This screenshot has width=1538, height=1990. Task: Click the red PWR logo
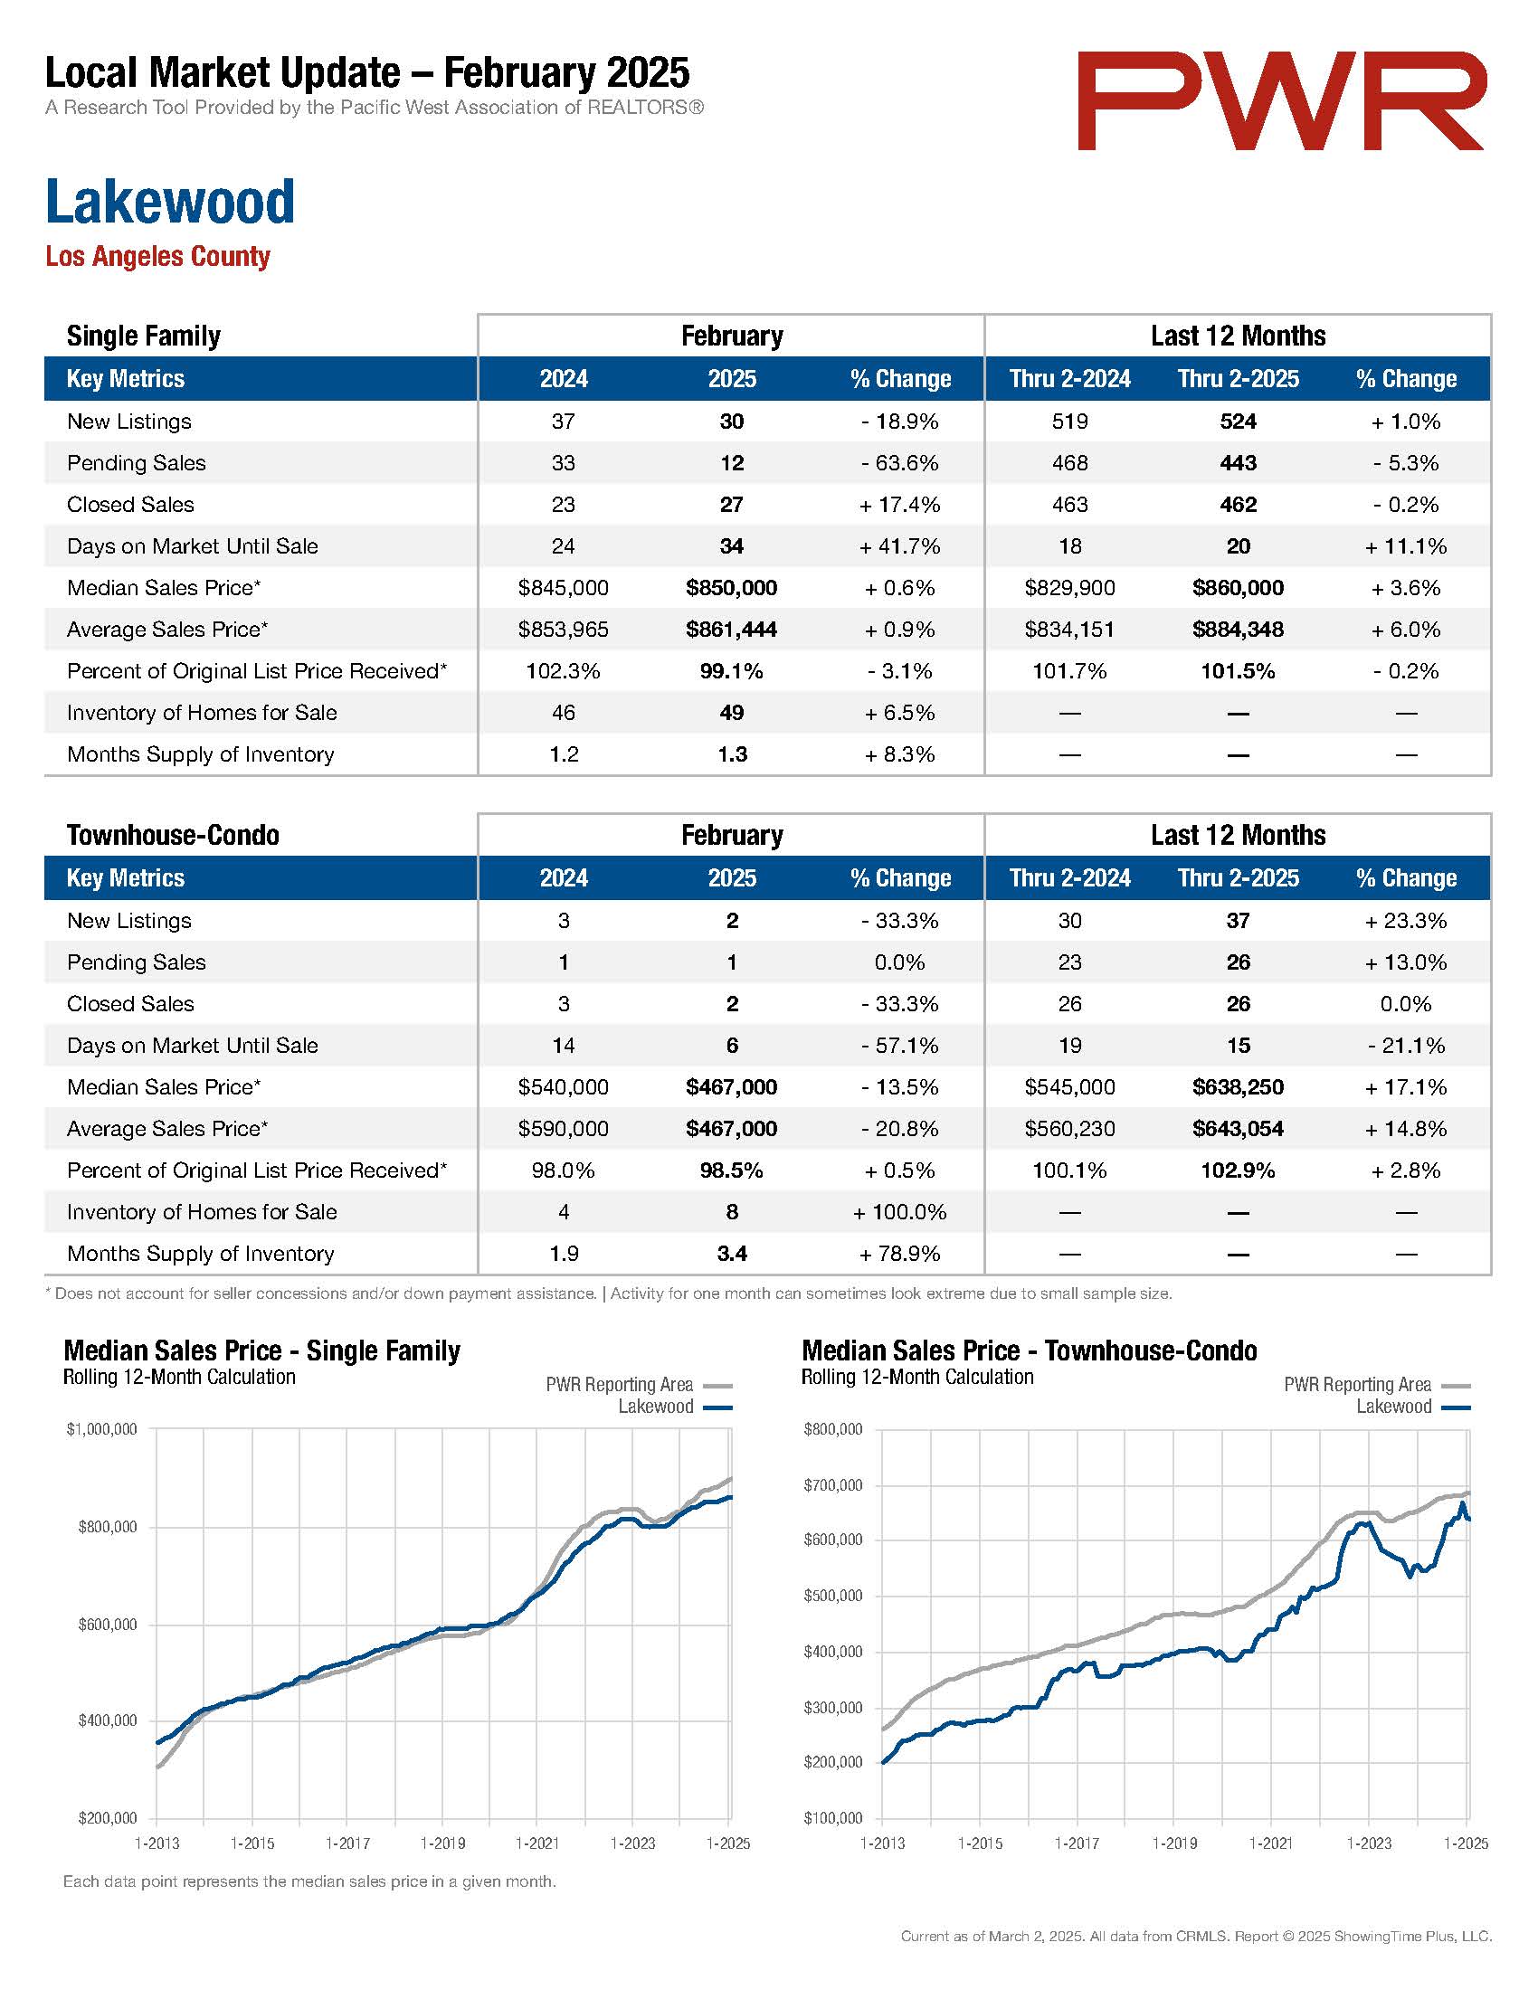1282,100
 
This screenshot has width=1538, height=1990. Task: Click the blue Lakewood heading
170,202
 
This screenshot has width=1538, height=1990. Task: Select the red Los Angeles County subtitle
157,257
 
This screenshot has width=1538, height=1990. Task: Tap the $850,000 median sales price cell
732,588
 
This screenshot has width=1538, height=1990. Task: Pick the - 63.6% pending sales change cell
900,463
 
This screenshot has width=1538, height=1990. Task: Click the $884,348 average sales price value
1239,630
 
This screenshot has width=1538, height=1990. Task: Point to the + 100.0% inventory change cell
900,1212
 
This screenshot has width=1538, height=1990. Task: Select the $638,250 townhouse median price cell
1239,1087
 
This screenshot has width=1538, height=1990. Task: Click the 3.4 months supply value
732,1254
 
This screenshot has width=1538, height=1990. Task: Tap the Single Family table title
144,336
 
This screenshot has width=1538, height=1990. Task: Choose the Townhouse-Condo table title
173,836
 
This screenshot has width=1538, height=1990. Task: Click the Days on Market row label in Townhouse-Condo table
192,1045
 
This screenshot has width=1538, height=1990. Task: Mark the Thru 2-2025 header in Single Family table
1239,379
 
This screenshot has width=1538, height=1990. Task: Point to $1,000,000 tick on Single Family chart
102,1428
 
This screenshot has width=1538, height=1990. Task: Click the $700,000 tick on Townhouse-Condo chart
832,1485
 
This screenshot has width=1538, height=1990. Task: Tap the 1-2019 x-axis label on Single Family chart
442,1843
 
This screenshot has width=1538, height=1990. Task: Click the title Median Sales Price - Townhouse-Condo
1030,1350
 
